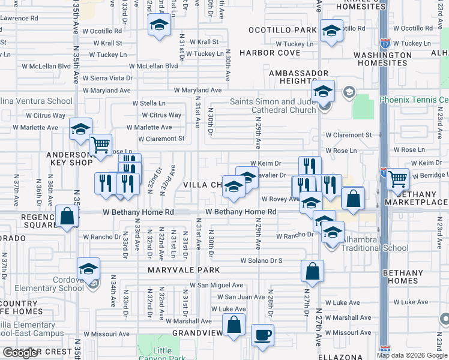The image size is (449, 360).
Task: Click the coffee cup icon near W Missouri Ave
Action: click(x=262, y=334)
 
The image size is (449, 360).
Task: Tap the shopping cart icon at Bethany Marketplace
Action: click(x=397, y=178)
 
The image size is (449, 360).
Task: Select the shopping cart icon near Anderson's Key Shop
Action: click(x=100, y=144)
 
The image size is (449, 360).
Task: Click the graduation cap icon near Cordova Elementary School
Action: click(x=88, y=268)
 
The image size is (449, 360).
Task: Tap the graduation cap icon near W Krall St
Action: click(x=159, y=25)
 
